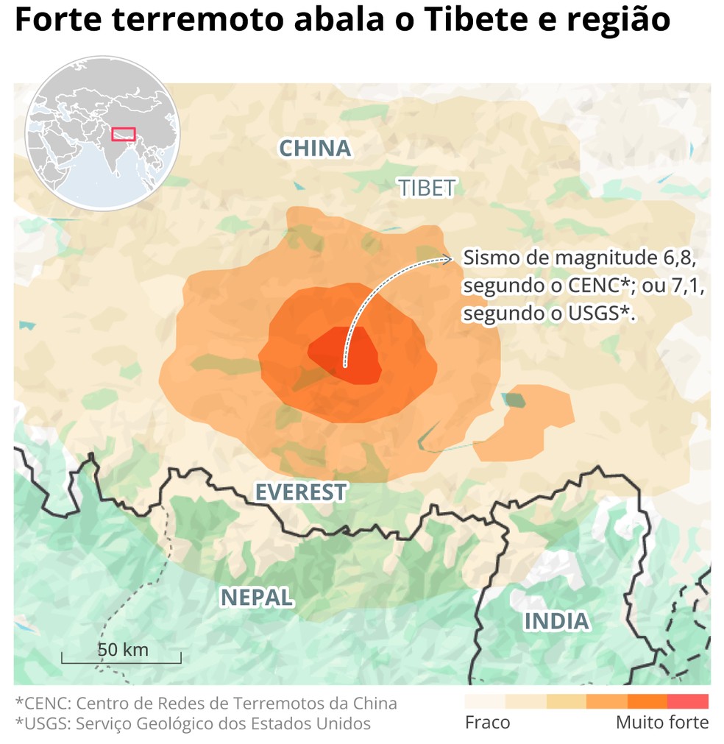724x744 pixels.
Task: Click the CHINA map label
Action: click(315, 149)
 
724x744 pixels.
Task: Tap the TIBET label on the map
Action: click(427, 188)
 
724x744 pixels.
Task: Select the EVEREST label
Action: click(300, 492)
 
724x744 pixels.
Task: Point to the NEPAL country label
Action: click(257, 598)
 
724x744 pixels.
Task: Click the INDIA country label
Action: click(556, 621)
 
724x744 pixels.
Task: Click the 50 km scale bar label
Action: click(123, 650)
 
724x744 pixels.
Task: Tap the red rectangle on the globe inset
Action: click(124, 134)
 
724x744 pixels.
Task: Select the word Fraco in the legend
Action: click(487, 723)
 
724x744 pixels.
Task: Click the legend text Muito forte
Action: click(662, 723)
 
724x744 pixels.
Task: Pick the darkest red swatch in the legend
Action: click(688, 701)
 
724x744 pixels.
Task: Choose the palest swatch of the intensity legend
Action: click(485, 701)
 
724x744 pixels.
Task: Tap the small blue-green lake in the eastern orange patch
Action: click(514, 400)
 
